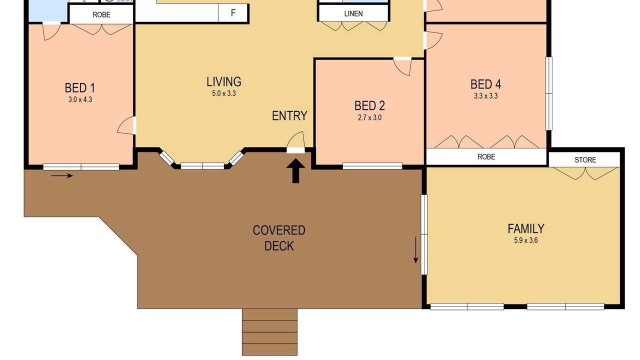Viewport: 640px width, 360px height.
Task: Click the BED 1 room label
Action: pos(79,88)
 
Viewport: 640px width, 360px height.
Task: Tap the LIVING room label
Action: pos(224,81)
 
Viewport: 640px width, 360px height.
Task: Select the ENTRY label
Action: pos(289,115)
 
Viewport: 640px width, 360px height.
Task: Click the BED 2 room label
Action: pos(369,105)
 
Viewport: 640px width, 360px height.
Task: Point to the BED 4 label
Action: pos(485,84)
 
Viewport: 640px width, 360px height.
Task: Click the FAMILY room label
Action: pos(525,228)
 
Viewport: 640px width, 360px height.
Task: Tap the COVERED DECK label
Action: pos(279,238)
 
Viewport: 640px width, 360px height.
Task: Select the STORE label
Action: pos(585,159)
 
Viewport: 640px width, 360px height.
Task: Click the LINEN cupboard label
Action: pos(353,13)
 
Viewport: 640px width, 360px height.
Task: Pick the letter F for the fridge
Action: pos(233,13)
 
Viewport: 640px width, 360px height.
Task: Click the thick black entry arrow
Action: pos(295,171)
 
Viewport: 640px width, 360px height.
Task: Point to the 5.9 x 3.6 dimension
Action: pos(525,240)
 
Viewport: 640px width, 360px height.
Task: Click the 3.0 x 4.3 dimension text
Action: pos(80,99)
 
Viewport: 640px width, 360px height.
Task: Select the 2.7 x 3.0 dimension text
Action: pos(369,117)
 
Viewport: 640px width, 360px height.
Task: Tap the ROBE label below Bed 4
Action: pos(486,156)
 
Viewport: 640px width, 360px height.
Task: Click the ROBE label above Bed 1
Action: pos(101,14)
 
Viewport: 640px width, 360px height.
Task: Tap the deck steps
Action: pos(269,332)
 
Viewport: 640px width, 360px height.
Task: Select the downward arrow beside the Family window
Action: pos(415,250)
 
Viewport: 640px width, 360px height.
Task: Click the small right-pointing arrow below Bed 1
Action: pos(62,175)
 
